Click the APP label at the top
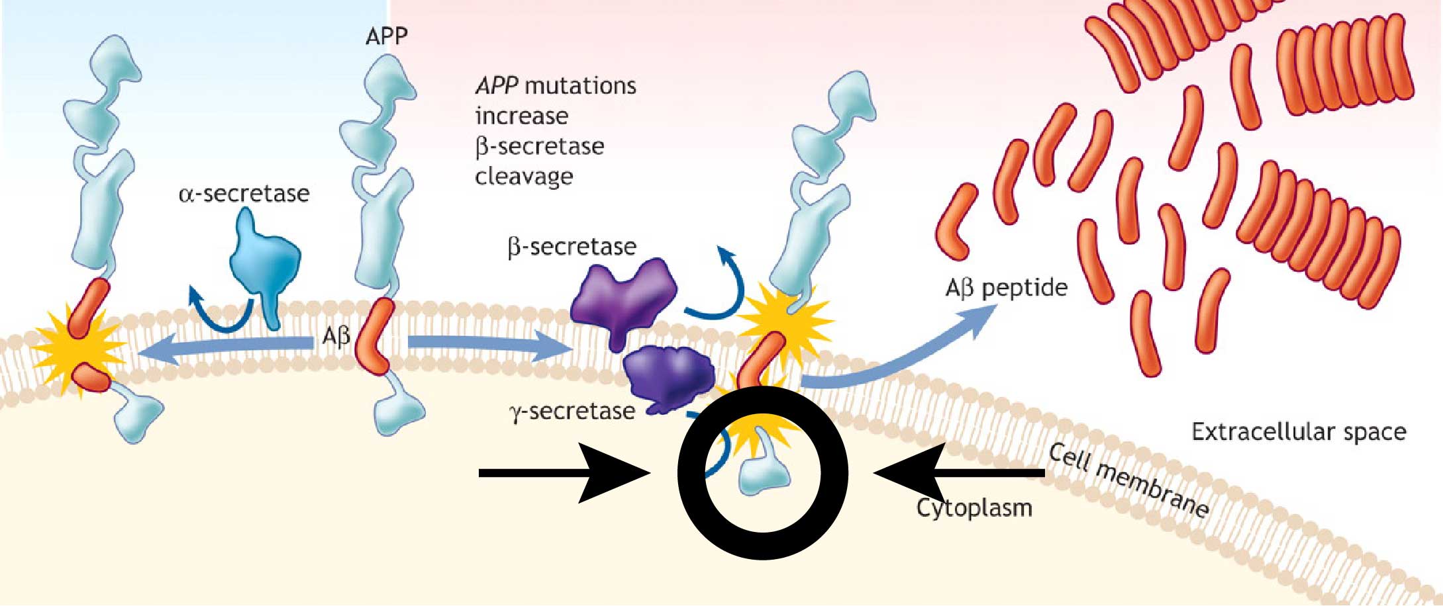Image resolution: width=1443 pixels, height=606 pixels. point(386,36)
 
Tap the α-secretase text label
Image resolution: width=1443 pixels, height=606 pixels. point(244,194)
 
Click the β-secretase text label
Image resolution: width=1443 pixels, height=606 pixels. point(572,247)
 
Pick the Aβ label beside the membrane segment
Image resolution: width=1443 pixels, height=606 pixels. point(336,337)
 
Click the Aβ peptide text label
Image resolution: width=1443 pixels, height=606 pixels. point(1006,288)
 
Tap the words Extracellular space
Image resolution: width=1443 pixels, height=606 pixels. point(1299,432)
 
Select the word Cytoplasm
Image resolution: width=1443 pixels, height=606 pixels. point(974,508)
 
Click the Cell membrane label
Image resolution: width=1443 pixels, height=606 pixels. point(1129,480)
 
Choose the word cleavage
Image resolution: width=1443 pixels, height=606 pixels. point(524,177)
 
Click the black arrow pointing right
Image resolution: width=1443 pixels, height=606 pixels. point(563,473)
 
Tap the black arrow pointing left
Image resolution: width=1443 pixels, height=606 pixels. point(960,472)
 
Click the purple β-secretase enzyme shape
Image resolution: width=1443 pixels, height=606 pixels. point(622,298)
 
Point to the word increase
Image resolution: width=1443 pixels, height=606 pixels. point(522,116)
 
